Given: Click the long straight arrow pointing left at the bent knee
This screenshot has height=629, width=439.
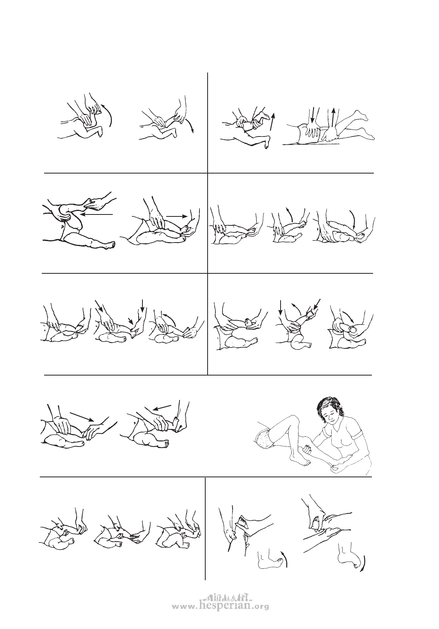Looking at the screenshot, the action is pos(96,214).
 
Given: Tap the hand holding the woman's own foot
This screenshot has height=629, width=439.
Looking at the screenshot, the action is pos(337,467).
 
